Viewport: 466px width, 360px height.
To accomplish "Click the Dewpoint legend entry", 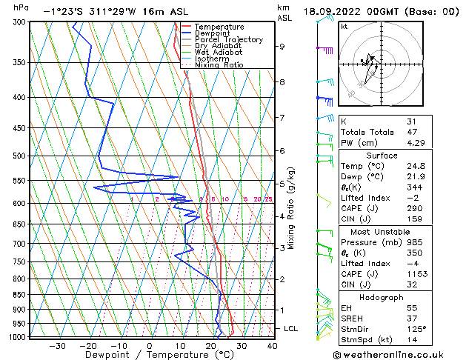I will (x=210, y=33).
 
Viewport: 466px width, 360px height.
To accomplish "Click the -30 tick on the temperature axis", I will (x=57, y=346).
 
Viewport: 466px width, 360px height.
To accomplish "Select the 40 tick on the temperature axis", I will (x=272, y=346).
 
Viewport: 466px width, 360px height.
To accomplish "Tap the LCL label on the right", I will (x=292, y=328).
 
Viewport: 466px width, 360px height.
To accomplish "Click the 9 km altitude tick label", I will (x=282, y=47).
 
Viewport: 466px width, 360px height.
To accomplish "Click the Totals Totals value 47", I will (x=412, y=132).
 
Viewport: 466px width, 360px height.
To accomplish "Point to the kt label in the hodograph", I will (x=344, y=26).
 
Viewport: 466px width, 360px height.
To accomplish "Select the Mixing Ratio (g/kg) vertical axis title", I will (x=291, y=207).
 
